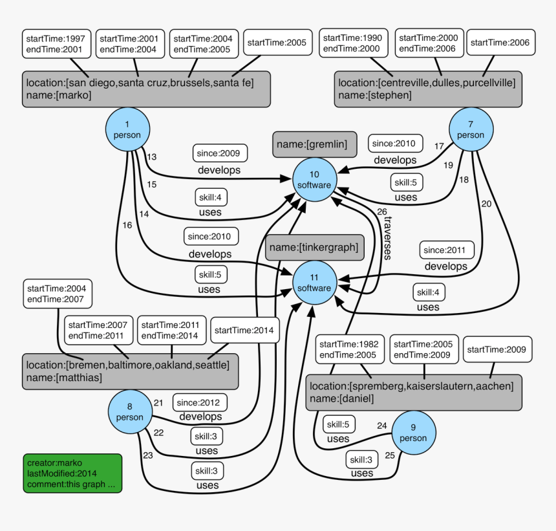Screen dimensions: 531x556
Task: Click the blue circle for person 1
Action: (x=127, y=129)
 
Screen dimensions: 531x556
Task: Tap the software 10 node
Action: (x=314, y=180)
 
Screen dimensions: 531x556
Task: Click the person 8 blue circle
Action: (x=130, y=412)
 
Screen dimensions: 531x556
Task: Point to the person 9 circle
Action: (x=413, y=433)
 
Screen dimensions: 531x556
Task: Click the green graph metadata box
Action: (x=72, y=473)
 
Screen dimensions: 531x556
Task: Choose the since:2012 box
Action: (x=200, y=403)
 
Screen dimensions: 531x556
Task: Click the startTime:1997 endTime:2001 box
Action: (x=56, y=43)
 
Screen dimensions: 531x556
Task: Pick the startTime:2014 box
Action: (x=245, y=331)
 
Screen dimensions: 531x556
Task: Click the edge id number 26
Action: (x=381, y=211)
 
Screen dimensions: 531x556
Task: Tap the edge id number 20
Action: (x=486, y=204)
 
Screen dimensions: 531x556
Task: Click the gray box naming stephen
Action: (x=428, y=89)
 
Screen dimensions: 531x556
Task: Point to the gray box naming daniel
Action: (x=413, y=393)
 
